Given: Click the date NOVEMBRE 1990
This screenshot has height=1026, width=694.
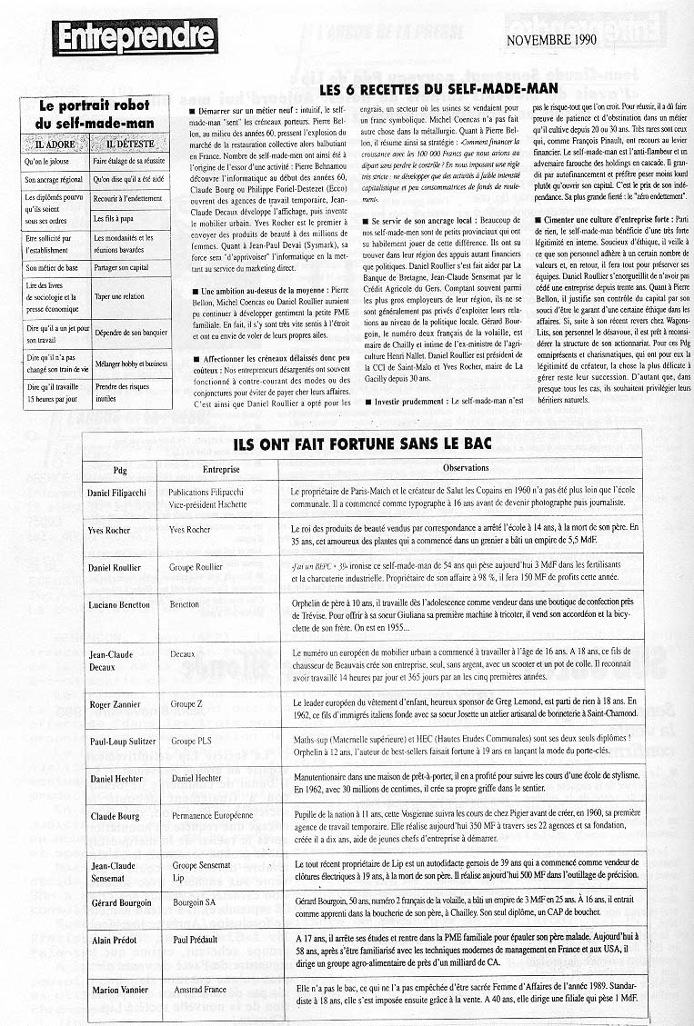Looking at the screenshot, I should (551, 39).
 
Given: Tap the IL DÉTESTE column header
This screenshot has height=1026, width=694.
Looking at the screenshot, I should (129, 144).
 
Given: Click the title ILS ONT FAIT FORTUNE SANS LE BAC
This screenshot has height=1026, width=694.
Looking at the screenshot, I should (361, 445).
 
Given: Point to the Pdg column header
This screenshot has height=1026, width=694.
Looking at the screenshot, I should (120, 469).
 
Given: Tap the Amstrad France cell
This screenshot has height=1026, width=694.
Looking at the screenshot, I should (200, 987).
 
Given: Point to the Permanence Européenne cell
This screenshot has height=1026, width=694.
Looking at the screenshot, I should (211, 816).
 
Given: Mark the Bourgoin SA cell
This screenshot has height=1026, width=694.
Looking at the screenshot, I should (196, 902).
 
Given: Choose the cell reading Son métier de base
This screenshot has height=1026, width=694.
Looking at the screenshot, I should (54, 268).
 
